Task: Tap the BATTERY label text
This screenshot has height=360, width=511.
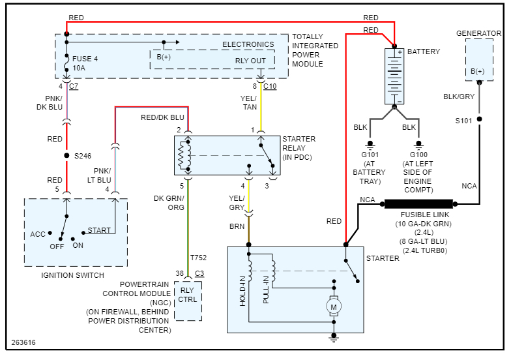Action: click(424, 52)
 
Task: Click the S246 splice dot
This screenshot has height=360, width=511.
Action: click(66, 156)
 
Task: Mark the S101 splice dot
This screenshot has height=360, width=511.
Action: click(480, 119)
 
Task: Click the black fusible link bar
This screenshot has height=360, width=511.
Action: click(418, 203)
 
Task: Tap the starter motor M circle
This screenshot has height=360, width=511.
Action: click(334, 305)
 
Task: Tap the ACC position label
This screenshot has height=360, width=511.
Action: click(38, 234)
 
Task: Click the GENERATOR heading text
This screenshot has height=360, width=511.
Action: click(478, 33)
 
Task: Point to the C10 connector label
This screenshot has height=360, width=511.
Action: click(270, 85)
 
